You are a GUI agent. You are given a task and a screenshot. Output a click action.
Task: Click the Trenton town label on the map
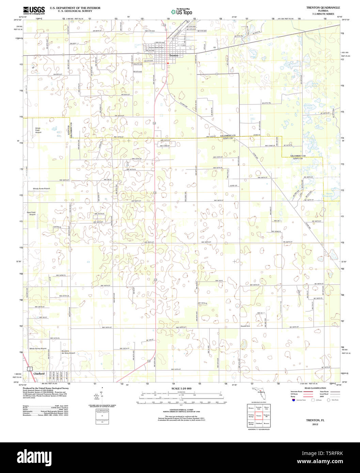pos(174,55)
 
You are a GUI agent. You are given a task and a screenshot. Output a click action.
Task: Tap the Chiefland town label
pos(39,374)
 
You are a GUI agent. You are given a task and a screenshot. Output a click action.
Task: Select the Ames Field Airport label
pos(38,130)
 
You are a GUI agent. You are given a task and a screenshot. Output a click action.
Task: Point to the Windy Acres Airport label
pos(41,189)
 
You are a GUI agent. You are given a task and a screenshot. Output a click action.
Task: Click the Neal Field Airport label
pos(31,213)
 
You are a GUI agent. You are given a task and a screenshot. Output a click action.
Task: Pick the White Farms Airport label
pos(38,348)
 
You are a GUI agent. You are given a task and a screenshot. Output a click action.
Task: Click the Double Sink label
pos(245,326)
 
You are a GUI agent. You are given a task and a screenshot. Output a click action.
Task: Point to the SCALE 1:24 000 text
pos(181,389)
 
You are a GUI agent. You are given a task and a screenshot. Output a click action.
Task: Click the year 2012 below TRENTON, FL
pos(315,424)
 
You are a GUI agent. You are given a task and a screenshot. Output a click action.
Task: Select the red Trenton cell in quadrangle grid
pos(259,415)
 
